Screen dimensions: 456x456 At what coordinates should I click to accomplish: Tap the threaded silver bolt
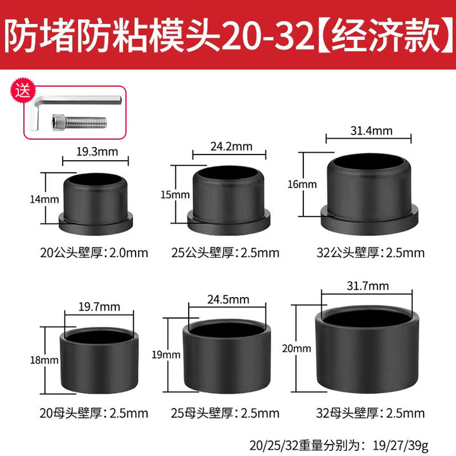click(79, 122)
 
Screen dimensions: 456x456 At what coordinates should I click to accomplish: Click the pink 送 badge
click(23, 91)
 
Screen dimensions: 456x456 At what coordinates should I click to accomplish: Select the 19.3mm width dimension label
click(97, 152)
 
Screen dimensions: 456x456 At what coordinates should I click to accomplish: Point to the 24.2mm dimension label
click(231, 146)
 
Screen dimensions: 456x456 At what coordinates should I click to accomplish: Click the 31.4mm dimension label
click(371, 130)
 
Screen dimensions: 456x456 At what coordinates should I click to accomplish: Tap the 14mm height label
click(44, 199)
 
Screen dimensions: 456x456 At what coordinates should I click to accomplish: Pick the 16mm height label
click(302, 184)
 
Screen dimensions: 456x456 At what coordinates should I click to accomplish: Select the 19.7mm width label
click(99, 307)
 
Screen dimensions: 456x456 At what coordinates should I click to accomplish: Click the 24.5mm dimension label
click(228, 300)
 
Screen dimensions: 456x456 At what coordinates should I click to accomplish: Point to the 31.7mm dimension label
click(367, 286)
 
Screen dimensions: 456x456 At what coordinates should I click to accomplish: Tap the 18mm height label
click(44, 360)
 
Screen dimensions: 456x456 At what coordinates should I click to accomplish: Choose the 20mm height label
click(296, 348)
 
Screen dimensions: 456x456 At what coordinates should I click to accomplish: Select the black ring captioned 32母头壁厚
click(367, 349)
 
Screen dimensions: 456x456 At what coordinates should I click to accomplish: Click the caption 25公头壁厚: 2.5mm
click(225, 253)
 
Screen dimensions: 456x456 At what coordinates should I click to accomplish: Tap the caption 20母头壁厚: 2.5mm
click(94, 413)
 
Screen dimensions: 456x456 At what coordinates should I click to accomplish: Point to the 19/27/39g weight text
click(401, 445)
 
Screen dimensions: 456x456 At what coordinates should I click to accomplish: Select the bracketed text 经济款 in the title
click(386, 36)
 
